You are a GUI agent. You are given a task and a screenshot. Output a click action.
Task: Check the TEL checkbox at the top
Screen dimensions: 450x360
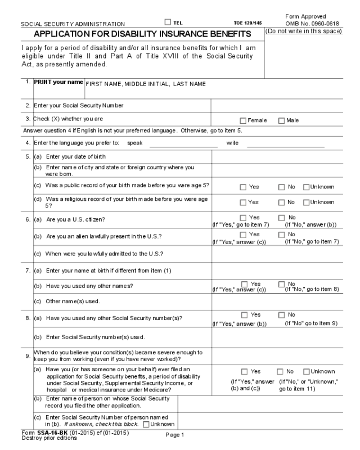[x=168, y=22]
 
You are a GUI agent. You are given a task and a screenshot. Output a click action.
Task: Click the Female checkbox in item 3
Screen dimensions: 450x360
[x=243, y=120]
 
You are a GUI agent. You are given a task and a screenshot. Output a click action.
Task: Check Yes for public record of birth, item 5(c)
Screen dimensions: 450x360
[x=243, y=186]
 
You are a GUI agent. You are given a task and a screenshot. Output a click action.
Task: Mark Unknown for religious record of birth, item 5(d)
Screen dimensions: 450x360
[x=307, y=202]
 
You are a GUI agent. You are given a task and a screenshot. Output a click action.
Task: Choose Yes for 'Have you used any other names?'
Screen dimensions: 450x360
[x=243, y=283]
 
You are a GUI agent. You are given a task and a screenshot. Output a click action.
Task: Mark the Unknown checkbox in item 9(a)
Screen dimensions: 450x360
[x=307, y=372]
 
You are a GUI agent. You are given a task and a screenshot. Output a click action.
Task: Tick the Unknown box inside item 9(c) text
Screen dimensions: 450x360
[x=147, y=424]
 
